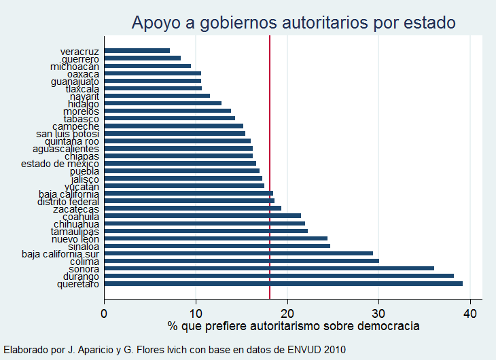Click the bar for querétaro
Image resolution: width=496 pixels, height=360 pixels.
coord(283,284)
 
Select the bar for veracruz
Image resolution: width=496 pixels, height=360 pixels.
coord(137,50)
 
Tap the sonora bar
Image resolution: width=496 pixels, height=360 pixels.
coord(269,268)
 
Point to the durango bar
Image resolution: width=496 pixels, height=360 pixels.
coord(279,276)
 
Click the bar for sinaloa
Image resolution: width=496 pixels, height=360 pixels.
coord(217,246)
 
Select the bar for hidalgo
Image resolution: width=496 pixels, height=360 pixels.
coord(163,103)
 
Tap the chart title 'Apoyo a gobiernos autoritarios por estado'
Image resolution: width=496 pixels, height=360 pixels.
coord(294,22)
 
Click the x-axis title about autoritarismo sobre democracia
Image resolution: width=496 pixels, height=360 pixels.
coord(294,326)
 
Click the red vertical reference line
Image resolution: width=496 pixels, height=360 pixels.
coord(270,170)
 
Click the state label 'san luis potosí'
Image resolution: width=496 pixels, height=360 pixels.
coord(68,134)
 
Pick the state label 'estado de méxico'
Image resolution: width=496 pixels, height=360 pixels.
coord(60,164)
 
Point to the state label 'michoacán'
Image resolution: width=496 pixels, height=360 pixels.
coord(75,67)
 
